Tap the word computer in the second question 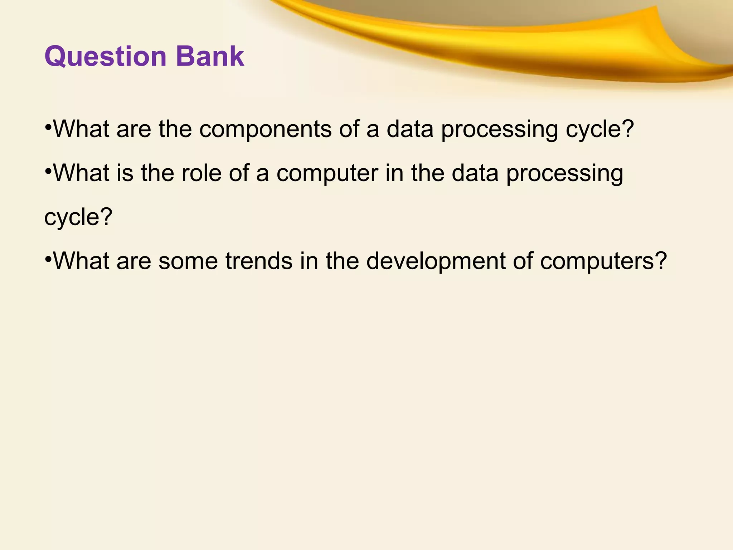coord(327,174)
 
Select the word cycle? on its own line coord(78,217)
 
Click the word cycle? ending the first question coord(600,130)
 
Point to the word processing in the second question coord(565,174)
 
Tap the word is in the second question coord(125,173)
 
